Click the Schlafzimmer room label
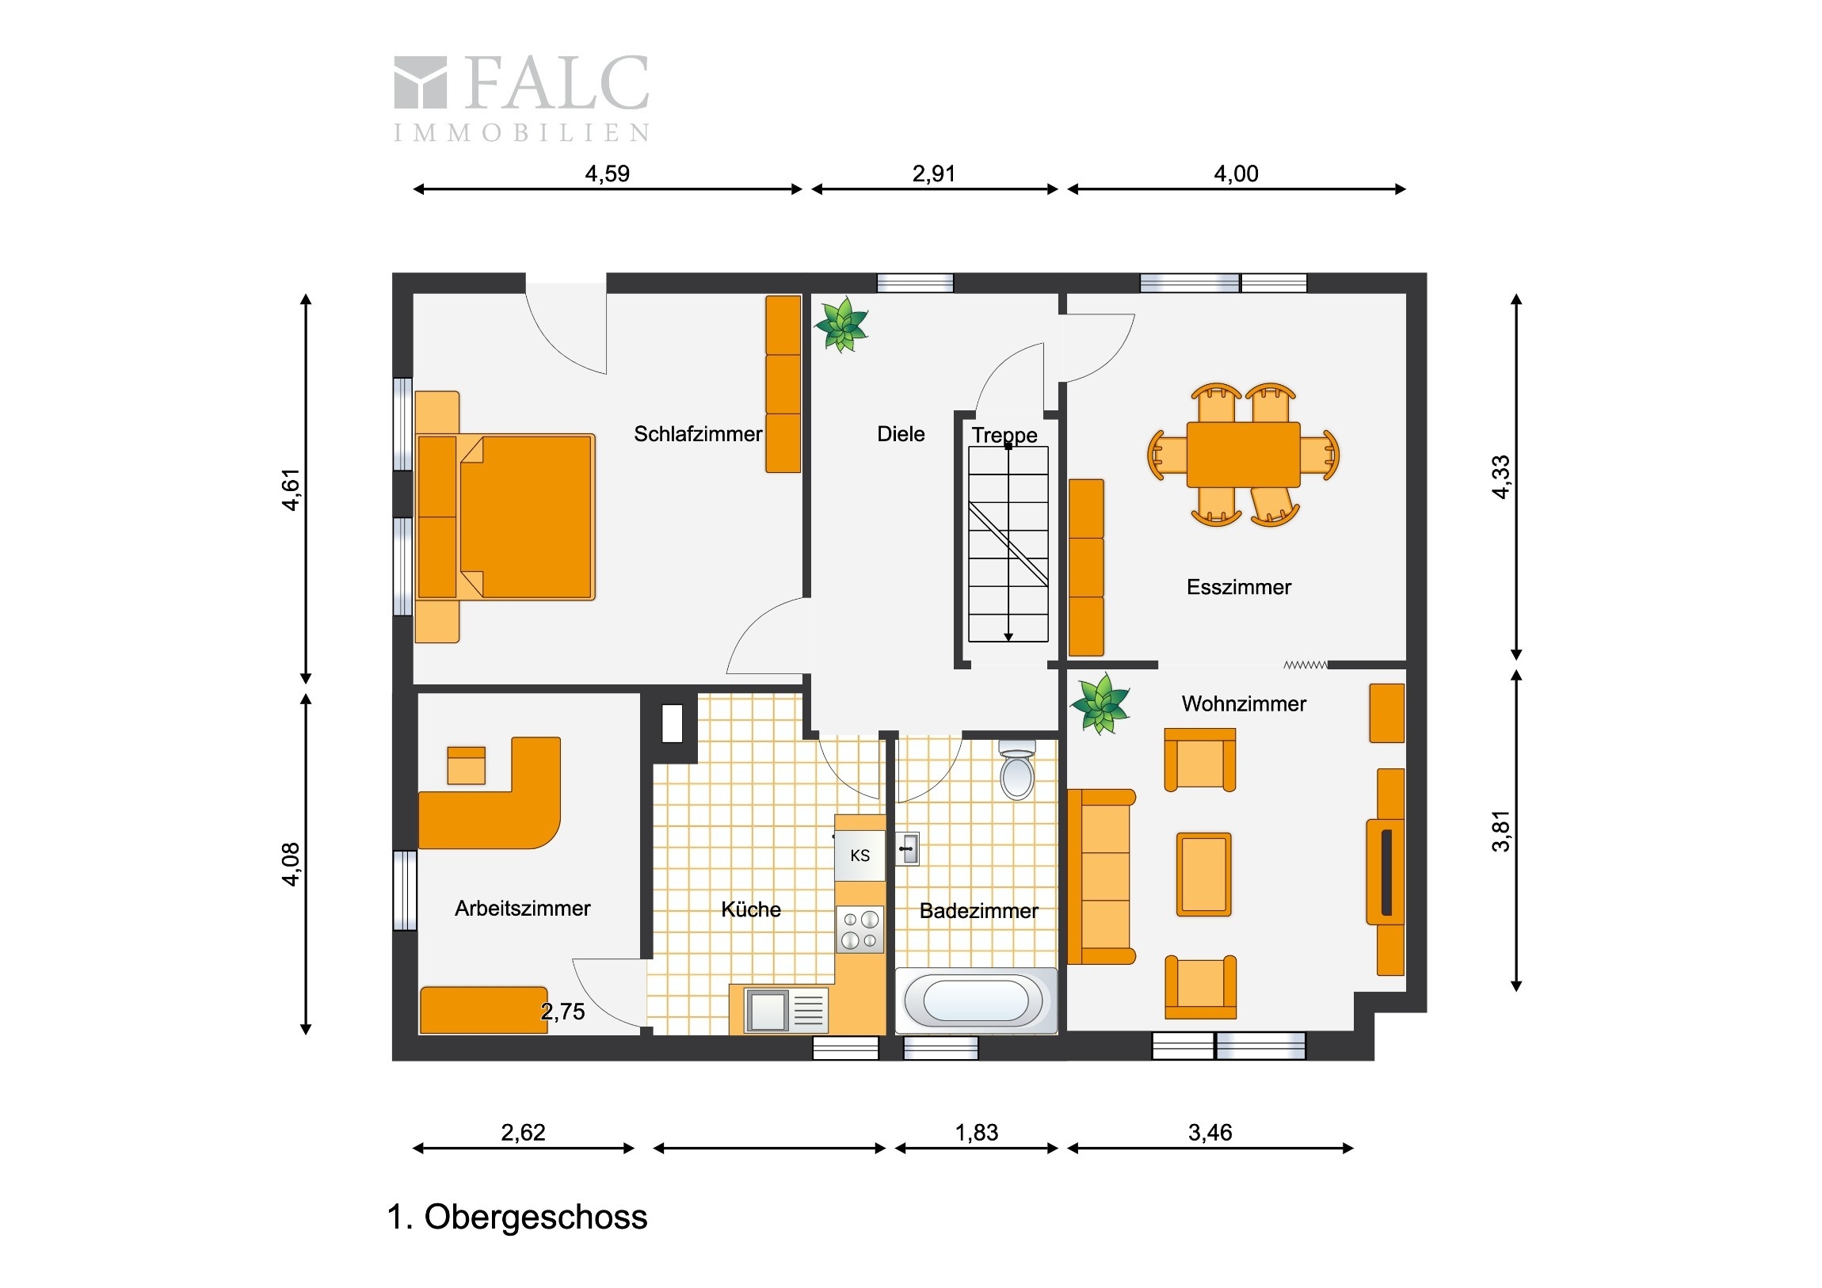(x=698, y=434)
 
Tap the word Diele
(x=901, y=434)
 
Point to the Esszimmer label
(x=1239, y=587)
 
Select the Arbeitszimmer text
(x=522, y=909)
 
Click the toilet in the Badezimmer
(x=1016, y=770)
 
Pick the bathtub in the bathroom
(x=976, y=1000)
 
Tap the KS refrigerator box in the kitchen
(x=860, y=855)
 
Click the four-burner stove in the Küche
(x=860, y=929)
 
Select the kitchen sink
(x=786, y=1010)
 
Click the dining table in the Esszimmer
(x=1244, y=455)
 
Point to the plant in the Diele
(x=841, y=324)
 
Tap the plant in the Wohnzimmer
(x=1100, y=704)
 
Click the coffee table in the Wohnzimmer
(x=1204, y=875)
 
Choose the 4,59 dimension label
(x=607, y=173)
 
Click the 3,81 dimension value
(x=1500, y=831)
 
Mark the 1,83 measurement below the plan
(x=976, y=1133)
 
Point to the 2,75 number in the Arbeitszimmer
(x=562, y=1012)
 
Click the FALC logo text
(x=556, y=82)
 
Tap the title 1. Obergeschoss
(x=517, y=1218)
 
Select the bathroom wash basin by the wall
(x=908, y=849)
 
